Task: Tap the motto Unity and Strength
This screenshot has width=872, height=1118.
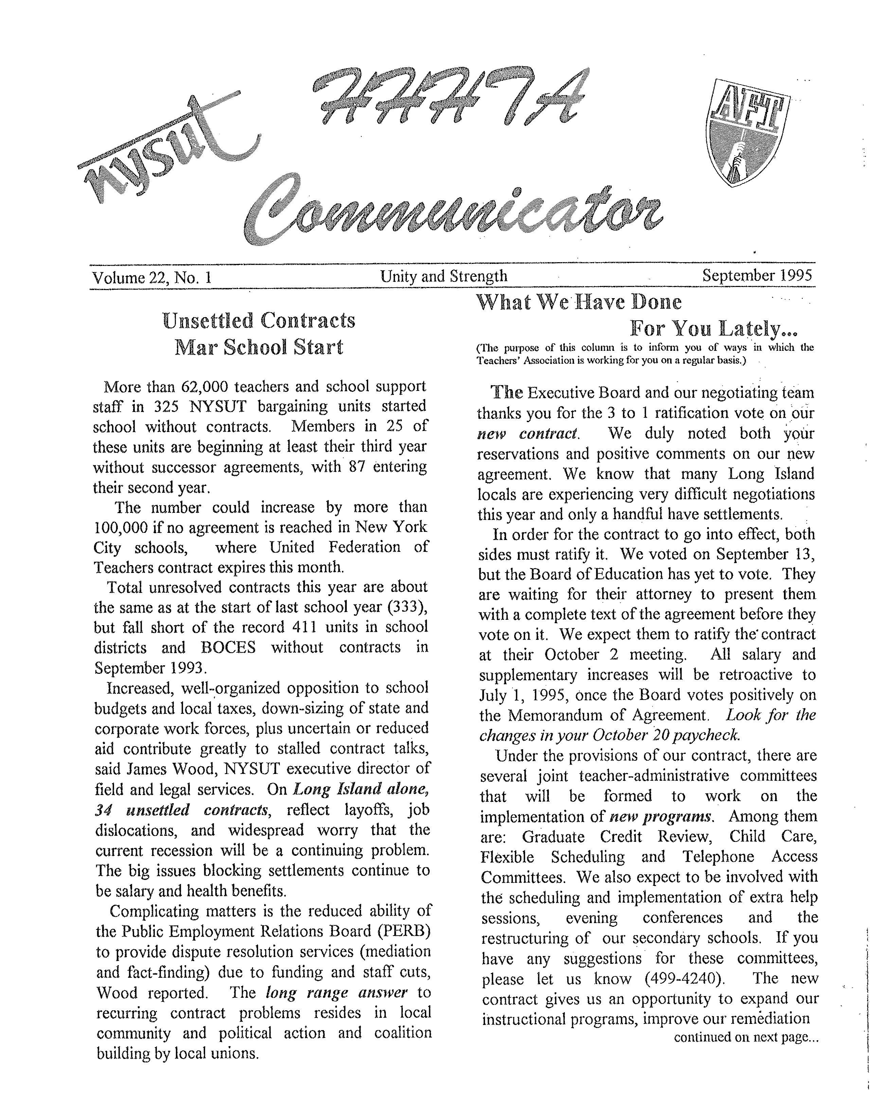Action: (x=443, y=276)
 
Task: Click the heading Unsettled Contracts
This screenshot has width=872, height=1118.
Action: (x=259, y=321)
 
